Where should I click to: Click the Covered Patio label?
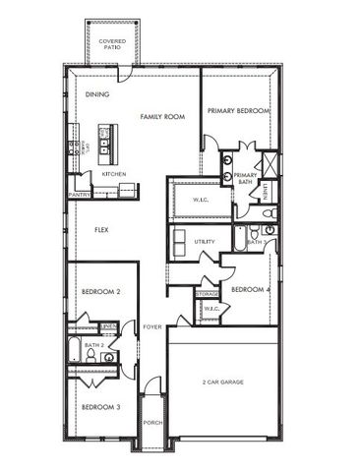point(112,44)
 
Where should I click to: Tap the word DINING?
point(96,94)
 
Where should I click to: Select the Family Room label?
point(162,117)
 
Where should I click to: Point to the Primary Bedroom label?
point(238,111)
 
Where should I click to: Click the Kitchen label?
point(114,174)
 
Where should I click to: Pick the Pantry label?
point(80,195)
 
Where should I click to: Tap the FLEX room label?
point(100,230)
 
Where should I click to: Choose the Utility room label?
point(205,241)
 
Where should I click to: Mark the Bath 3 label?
point(256,241)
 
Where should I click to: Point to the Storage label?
point(207,294)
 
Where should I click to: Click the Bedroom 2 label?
point(100,292)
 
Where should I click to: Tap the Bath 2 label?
point(94,345)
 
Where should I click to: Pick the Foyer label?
point(151,326)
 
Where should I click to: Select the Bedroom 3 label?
point(100,407)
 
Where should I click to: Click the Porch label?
point(152,424)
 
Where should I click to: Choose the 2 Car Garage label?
point(223,382)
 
